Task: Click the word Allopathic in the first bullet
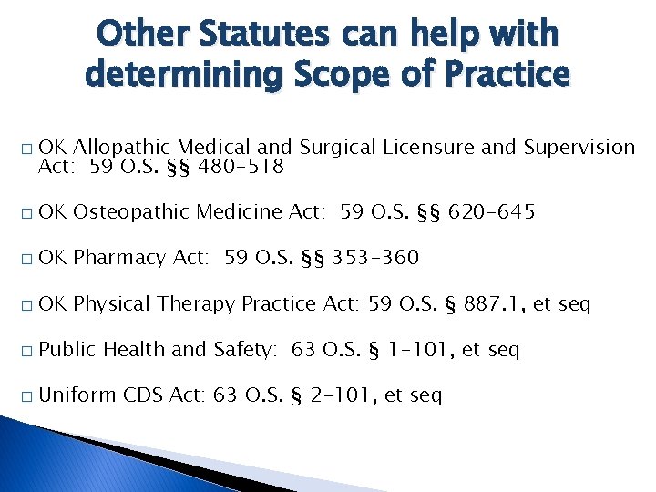[121, 147]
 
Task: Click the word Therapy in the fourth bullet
[198, 303]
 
